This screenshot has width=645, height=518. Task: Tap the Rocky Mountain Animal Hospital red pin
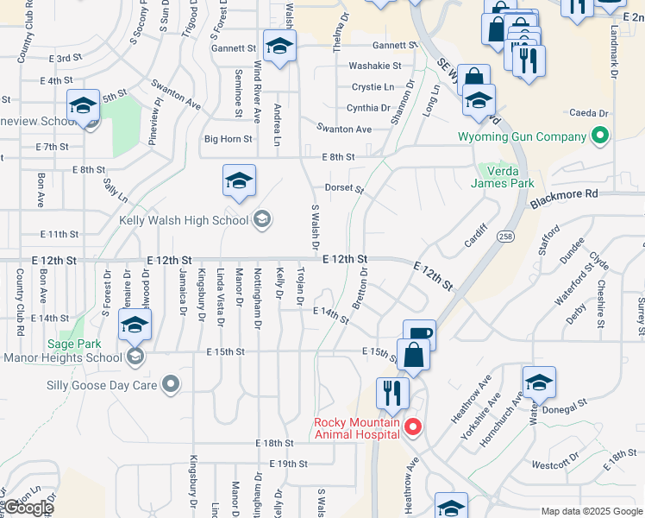click(x=413, y=426)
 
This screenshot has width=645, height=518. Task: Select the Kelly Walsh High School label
click(x=185, y=219)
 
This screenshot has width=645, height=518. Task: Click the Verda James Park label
click(x=503, y=176)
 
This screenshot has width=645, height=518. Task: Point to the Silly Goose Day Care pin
click(x=171, y=384)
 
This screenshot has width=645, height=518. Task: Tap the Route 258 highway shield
click(x=507, y=236)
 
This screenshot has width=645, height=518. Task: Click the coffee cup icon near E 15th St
click(x=419, y=333)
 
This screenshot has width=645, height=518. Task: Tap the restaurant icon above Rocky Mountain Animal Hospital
click(x=392, y=393)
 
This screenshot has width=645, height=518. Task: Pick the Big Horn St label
click(x=228, y=138)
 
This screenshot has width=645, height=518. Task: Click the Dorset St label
click(x=344, y=188)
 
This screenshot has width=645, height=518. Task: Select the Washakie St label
click(x=374, y=66)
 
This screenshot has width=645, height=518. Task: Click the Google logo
click(x=28, y=508)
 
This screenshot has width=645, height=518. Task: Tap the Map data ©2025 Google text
click(x=591, y=511)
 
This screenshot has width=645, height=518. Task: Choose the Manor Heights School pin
click(x=134, y=356)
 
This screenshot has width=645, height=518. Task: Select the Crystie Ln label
click(x=371, y=87)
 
